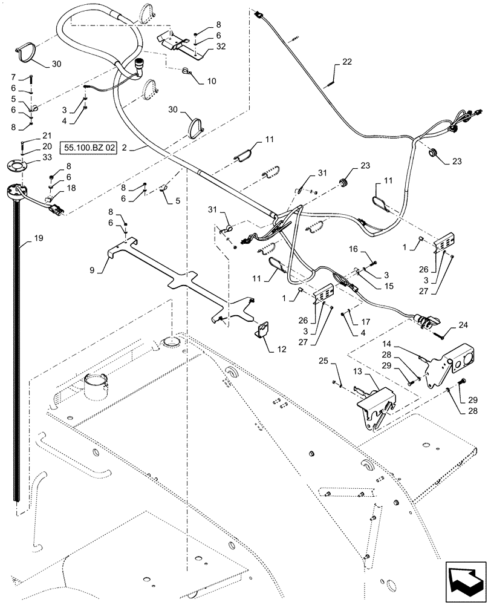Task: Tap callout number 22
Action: coord(346,62)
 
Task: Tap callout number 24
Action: coord(463,324)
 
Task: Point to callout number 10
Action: coord(212,81)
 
